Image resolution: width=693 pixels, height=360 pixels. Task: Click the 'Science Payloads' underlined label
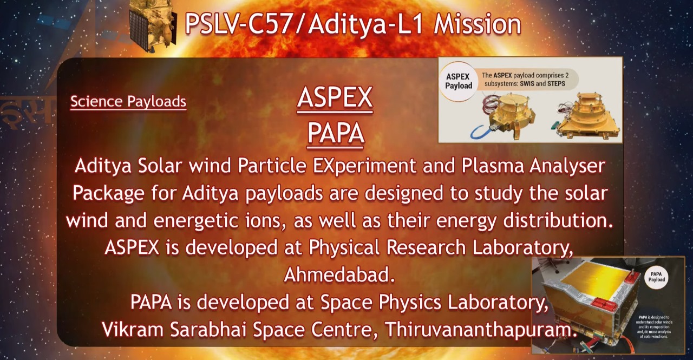click(x=128, y=101)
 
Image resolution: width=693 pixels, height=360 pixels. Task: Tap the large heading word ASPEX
click(x=335, y=98)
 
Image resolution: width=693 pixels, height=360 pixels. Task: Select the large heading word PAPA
click(x=336, y=133)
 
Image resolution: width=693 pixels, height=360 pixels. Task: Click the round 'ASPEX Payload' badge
click(x=459, y=81)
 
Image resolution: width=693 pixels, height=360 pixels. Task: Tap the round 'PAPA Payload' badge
click(x=657, y=277)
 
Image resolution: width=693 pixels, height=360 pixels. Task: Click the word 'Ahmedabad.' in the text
click(x=339, y=275)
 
